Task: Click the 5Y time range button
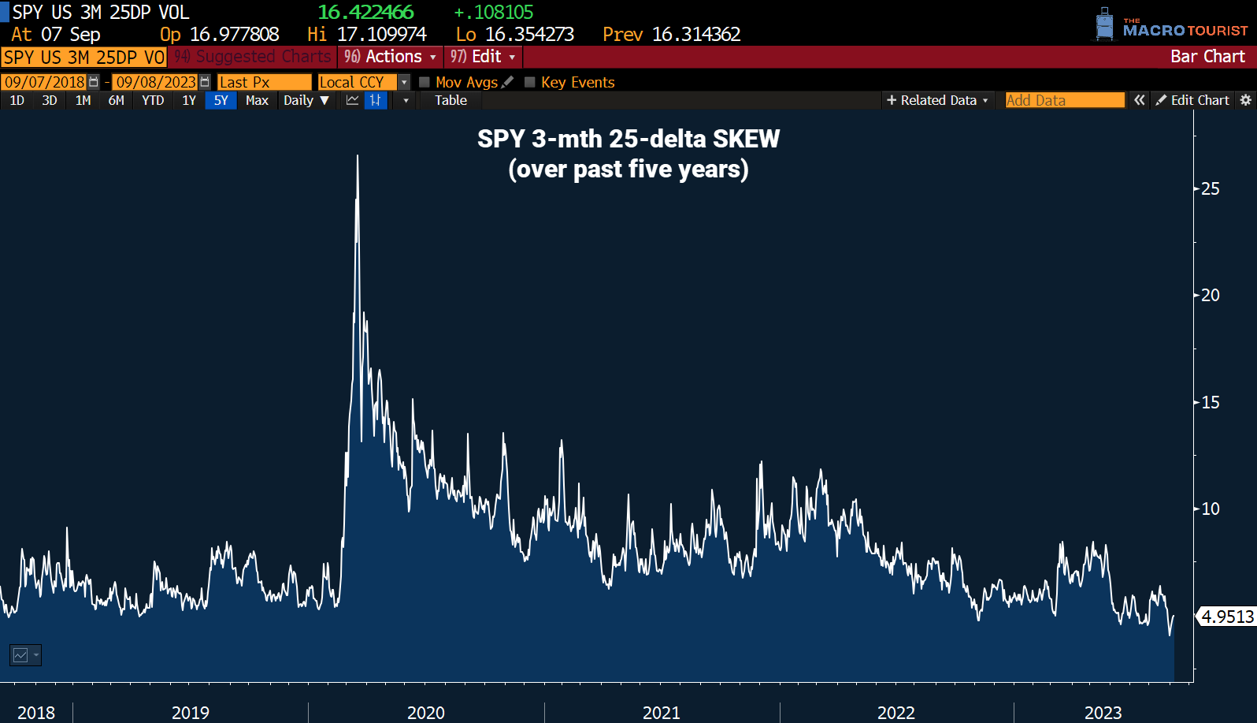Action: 221,100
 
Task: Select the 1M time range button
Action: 83,100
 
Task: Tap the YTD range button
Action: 153,100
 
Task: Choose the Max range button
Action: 257,100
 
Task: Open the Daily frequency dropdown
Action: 306,100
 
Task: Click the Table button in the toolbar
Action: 451,100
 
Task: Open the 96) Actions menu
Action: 390,57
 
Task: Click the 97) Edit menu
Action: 483,57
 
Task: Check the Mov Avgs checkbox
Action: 425,82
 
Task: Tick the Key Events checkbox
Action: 530,82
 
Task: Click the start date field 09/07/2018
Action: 45,82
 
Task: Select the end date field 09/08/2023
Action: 156,82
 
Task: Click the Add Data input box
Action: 1065,100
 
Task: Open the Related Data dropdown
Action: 937,100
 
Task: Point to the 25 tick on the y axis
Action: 1210,188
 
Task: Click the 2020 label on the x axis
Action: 425,713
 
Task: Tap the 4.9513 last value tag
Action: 1226,617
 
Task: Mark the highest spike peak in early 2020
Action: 358,156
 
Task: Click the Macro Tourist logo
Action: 1172,26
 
